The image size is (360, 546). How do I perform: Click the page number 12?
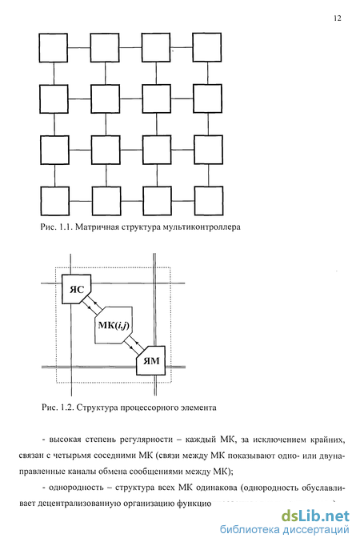pos(337,18)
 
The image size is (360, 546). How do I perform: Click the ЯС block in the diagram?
pos(77,289)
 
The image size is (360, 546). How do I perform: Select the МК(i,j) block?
pos(114,325)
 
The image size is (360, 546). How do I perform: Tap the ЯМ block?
pos(151,360)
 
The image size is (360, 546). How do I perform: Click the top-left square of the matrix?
pos(54,48)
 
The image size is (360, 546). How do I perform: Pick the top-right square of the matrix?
pos(207,47)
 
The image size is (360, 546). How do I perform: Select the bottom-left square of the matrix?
pos(54,201)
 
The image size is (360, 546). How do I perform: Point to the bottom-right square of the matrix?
pos(209,201)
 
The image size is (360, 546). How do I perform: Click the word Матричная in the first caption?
pos(97,227)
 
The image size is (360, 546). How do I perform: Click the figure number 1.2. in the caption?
pos(66,407)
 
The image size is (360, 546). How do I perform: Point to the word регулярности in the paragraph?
pos(146,440)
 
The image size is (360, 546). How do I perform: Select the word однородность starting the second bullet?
pos(76,488)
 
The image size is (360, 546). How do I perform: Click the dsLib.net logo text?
pos(315,516)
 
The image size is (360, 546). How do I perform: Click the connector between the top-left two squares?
pos(79,47)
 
